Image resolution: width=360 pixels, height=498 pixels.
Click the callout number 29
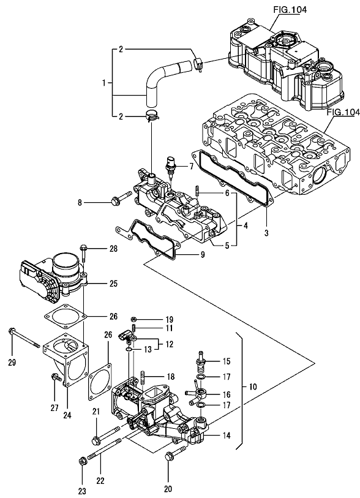pos(12,363)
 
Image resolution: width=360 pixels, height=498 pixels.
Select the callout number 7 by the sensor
pos(191,166)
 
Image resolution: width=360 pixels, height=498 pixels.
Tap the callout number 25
pos(113,283)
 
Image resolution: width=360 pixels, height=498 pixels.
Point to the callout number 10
pos(253,387)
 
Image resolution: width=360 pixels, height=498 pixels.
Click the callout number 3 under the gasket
pos(266,233)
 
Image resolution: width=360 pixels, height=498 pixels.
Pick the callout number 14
pos(227,435)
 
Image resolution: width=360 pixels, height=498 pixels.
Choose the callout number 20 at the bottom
pos(168,488)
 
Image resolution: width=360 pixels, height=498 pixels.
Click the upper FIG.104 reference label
pos(290,10)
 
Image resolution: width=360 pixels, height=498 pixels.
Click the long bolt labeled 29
pos(24,338)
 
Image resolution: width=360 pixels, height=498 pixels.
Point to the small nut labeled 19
pos(134,319)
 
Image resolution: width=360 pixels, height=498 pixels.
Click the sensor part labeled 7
pos(170,165)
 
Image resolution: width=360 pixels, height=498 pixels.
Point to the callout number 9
pos(202,254)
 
